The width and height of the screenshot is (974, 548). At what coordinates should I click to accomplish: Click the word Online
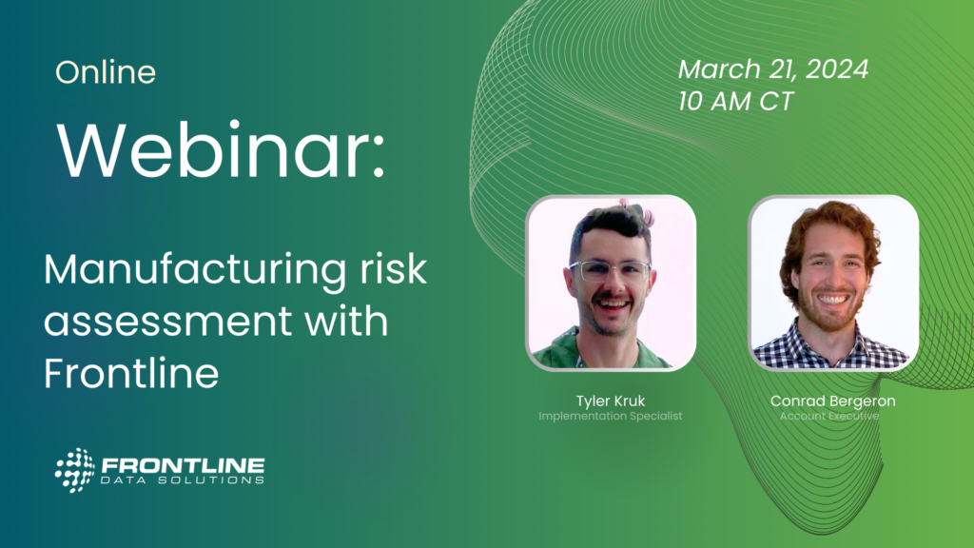click(x=106, y=72)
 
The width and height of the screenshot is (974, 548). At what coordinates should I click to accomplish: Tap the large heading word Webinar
click(x=221, y=150)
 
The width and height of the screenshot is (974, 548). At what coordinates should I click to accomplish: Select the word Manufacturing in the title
click(x=195, y=271)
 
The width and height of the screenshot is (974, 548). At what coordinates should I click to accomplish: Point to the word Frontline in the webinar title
click(x=131, y=372)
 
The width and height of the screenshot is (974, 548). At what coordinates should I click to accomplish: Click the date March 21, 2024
click(x=773, y=69)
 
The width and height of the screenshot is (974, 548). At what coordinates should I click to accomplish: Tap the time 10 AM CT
click(x=736, y=101)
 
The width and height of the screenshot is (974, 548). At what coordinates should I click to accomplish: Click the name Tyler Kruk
click(x=611, y=401)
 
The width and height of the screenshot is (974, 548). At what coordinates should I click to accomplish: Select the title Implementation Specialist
click(x=611, y=417)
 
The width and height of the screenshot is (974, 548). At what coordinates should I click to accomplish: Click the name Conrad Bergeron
click(x=833, y=401)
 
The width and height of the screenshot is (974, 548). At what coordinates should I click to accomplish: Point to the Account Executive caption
click(x=829, y=417)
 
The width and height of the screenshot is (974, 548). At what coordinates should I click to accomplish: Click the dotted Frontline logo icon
click(x=75, y=470)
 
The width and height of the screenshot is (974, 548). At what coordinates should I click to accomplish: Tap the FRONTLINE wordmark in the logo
click(x=183, y=465)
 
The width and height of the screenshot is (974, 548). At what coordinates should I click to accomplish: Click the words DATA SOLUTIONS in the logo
click(x=183, y=480)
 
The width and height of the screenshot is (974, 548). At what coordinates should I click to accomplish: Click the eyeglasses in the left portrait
click(x=611, y=271)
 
